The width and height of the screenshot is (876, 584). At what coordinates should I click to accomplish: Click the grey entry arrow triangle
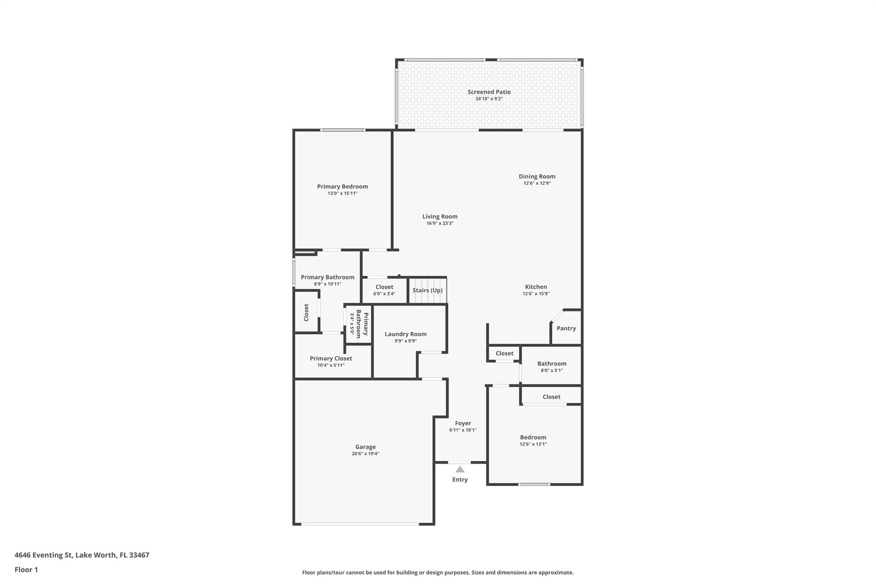pyautogui.click(x=460, y=469)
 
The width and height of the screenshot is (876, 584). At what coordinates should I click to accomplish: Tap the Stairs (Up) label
pyautogui.click(x=427, y=290)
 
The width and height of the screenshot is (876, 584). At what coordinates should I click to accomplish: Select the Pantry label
pyautogui.click(x=566, y=328)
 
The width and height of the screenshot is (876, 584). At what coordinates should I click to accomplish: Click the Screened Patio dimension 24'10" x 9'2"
pyautogui.click(x=489, y=99)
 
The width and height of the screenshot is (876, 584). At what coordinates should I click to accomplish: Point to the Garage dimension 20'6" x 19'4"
pyautogui.click(x=365, y=454)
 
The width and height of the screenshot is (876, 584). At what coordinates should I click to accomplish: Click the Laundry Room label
pyautogui.click(x=405, y=334)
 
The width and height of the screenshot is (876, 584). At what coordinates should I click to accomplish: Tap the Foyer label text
pyautogui.click(x=463, y=423)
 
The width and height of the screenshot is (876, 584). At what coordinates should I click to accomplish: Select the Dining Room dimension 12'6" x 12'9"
pyautogui.click(x=537, y=184)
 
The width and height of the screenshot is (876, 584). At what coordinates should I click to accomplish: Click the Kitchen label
pyautogui.click(x=536, y=287)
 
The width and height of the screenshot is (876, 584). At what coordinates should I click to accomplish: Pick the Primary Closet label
pyautogui.click(x=331, y=359)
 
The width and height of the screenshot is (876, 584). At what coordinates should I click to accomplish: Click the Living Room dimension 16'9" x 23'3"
pyautogui.click(x=440, y=223)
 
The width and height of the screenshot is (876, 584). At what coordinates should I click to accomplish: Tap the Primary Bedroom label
pyautogui.click(x=343, y=187)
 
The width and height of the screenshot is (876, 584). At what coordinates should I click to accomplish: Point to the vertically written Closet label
pyautogui.click(x=306, y=312)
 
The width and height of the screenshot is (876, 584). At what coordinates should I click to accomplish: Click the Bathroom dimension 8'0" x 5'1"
pyautogui.click(x=552, y=371)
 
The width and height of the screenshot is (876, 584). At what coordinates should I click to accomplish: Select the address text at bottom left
pyautogui.click(x=82, y=555)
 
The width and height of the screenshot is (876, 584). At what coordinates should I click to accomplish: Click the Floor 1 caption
pyautogui.click(x=26, y=570)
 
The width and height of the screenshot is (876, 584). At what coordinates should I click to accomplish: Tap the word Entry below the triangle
pyautogui.click(x=460, y=480)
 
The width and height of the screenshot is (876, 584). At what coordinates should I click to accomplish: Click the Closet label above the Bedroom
pyautogui.click(x=551, y=397)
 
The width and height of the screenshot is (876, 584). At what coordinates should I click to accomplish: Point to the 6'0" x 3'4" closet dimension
pyautogui.click(x=384, y=294)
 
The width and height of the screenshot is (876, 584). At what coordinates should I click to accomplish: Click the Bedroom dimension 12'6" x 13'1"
pyautogui.click(x=533, y=444)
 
